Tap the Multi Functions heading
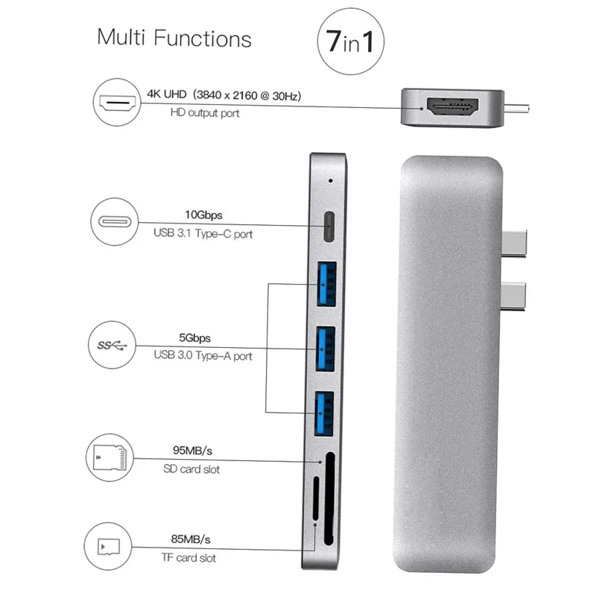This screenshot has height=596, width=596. pos(174,38)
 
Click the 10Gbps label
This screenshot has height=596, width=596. pos(203,216)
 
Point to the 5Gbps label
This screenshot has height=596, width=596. pos(200,337)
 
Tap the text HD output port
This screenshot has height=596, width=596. pos(205,113)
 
